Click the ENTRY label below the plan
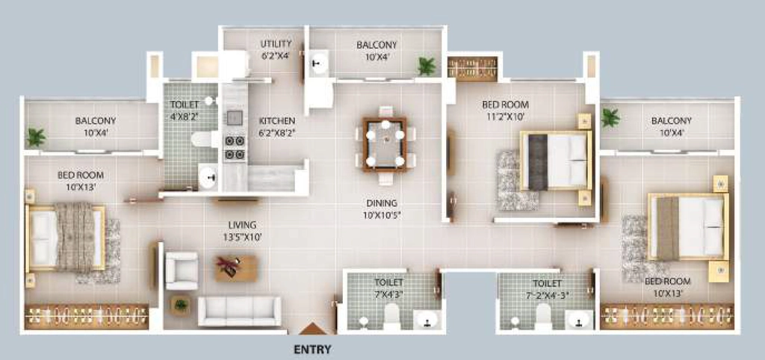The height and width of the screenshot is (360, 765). pyautogui.click(x=313, y=350)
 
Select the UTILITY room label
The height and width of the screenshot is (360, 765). pyautogui.click(x=276, y=49)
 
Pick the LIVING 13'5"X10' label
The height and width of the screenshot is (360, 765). pyautogui.click(x=243, y=231)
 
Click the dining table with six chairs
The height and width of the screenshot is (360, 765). pyautogui.click(x=385, y=145)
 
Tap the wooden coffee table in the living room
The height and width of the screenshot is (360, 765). pyautogui.click(x=236, y=268)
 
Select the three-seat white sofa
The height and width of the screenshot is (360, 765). pyautogui.click(x=240, y=311)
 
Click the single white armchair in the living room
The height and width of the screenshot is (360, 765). pyautogui.click(x=182, y=270)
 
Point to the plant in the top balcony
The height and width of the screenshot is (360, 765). pyautogui.click(x=427, y=66)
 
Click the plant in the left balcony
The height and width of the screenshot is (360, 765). pyautogui.click(x=36, y=137)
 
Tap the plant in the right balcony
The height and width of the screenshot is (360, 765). pyautogui.click(x=610, y=117)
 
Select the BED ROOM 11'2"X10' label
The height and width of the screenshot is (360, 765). pyautogui.click(x=505, y=111)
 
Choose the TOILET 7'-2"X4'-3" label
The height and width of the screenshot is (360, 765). pyautogui.click(x=548, y=288)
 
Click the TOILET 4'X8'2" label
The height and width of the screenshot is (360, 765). pyautogui.click(x=185, y=109)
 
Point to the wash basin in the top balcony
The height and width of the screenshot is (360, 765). pyautogui.click(x=320, y=63)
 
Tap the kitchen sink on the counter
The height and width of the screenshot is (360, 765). pyautogui.click(x=234, y=117)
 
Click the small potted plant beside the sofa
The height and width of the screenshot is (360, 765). pyautogui.click(x=181, y=306)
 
